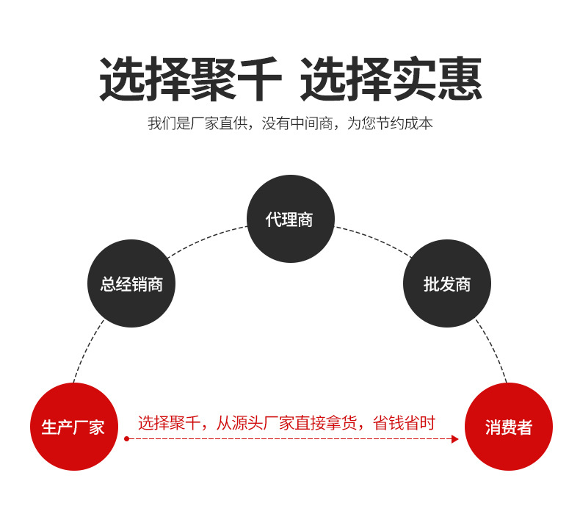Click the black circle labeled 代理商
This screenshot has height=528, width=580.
[x=290, y=219]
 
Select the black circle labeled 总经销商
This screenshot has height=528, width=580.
[x=131, y=283]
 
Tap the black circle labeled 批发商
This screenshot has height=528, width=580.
[x=446, y=283]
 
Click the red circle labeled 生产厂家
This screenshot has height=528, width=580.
[x=73, y=427]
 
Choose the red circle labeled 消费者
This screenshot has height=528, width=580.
[x=508, y=427]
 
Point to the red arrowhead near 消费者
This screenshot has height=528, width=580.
[x=454, y=439]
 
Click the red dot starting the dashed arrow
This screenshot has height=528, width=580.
[x=126, y=439]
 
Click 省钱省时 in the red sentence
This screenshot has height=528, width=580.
[x=405, y=423]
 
